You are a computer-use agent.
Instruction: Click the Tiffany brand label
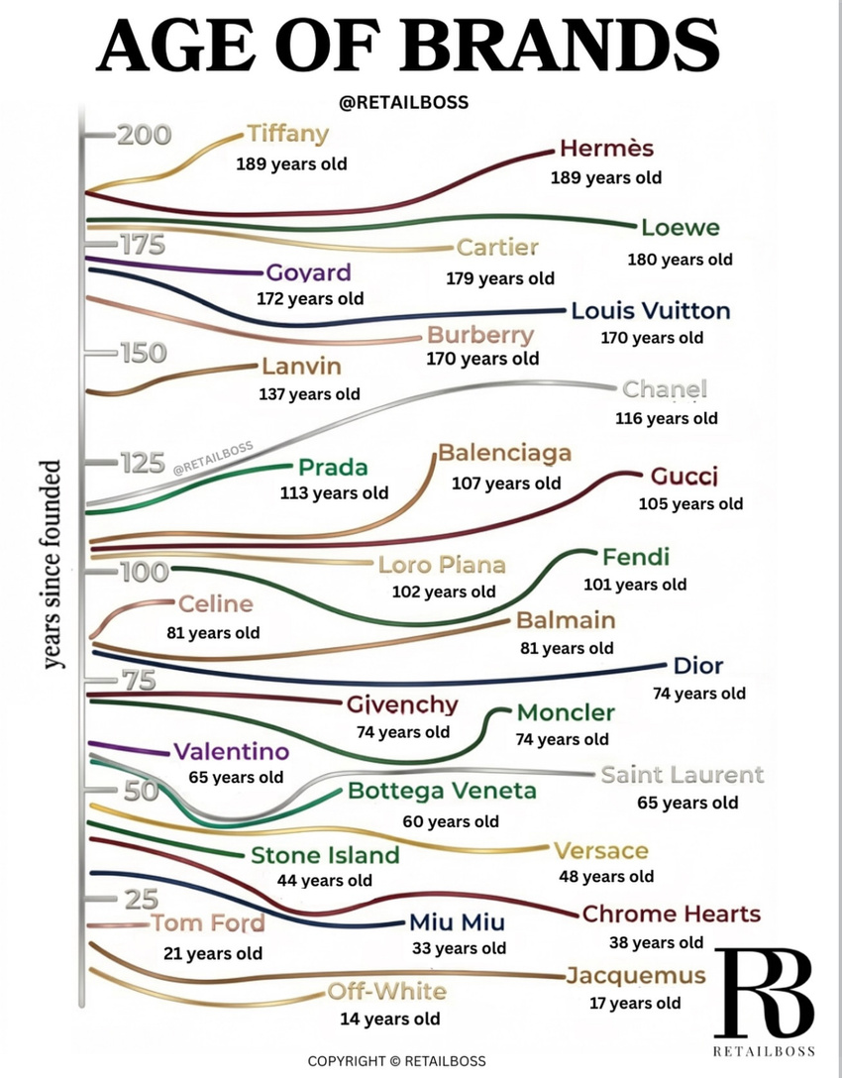click(287, 134)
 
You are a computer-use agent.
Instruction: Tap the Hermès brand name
click(606, 148)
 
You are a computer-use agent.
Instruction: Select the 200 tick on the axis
click(144, 135)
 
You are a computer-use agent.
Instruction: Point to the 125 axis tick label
click(143, 463)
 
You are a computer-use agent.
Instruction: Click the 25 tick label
click(142, 899)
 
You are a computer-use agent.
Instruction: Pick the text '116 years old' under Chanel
click(666, 418)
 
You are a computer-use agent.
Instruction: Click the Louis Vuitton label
click(650, 311)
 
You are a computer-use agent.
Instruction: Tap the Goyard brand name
click(309, 272)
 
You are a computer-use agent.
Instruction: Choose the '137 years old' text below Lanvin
click(309, 394)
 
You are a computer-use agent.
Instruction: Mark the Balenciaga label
click(504, 453)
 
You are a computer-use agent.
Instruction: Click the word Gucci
click(684, 476)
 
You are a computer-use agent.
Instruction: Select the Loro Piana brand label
click(442, 565)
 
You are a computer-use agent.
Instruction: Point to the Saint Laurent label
click(683, 775)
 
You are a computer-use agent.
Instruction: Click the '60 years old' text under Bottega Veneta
click(451, 821)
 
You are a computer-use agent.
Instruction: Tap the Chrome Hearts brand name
click(672, 914)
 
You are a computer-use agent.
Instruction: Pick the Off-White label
click(387, 992)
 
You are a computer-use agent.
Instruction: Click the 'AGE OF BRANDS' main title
click(407, 46)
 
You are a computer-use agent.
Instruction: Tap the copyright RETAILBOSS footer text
click(396, 1061)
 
